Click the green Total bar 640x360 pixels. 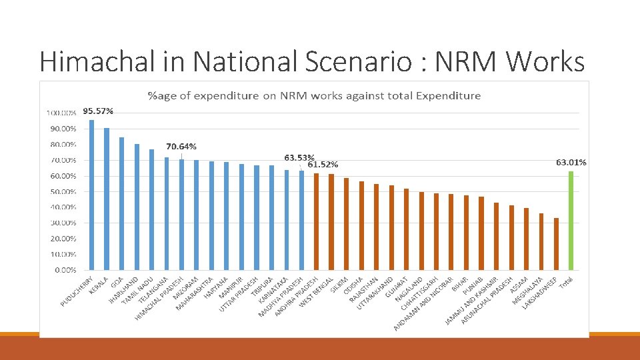(x=571, y=220)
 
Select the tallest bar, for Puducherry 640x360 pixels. (x=91, y=195)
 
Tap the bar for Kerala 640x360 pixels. (x=107, y=199)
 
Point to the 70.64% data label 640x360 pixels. (x=181, y=146)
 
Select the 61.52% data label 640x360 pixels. (x=323, y=164)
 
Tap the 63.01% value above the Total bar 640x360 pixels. (x=571, y=162)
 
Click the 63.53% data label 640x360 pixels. (x=299, y=157)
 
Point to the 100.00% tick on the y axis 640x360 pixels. (x=61, y=113)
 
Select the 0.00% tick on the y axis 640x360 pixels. (x=65, y=270)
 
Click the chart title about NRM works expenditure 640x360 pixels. (x=314, y=95)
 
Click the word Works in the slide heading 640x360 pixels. (x=545, y=61)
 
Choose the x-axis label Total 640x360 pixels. (x=565, y=283)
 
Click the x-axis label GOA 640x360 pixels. (x=117, y=281)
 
